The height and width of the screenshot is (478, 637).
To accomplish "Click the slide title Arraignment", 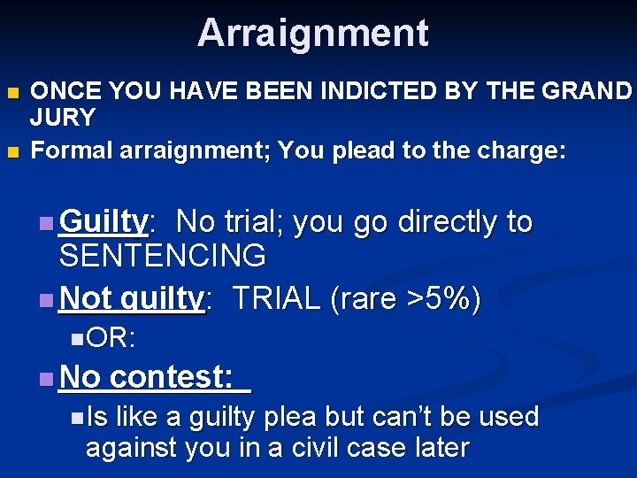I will click(x=312, y=34).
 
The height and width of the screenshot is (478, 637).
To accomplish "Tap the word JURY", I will click(x=63, y=117).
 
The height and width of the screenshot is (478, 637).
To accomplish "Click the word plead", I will click(x=362, y=150).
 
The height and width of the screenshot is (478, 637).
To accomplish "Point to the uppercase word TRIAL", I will click(x=276, y=299).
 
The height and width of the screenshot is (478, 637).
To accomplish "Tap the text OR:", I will click(x=111, y=337).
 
